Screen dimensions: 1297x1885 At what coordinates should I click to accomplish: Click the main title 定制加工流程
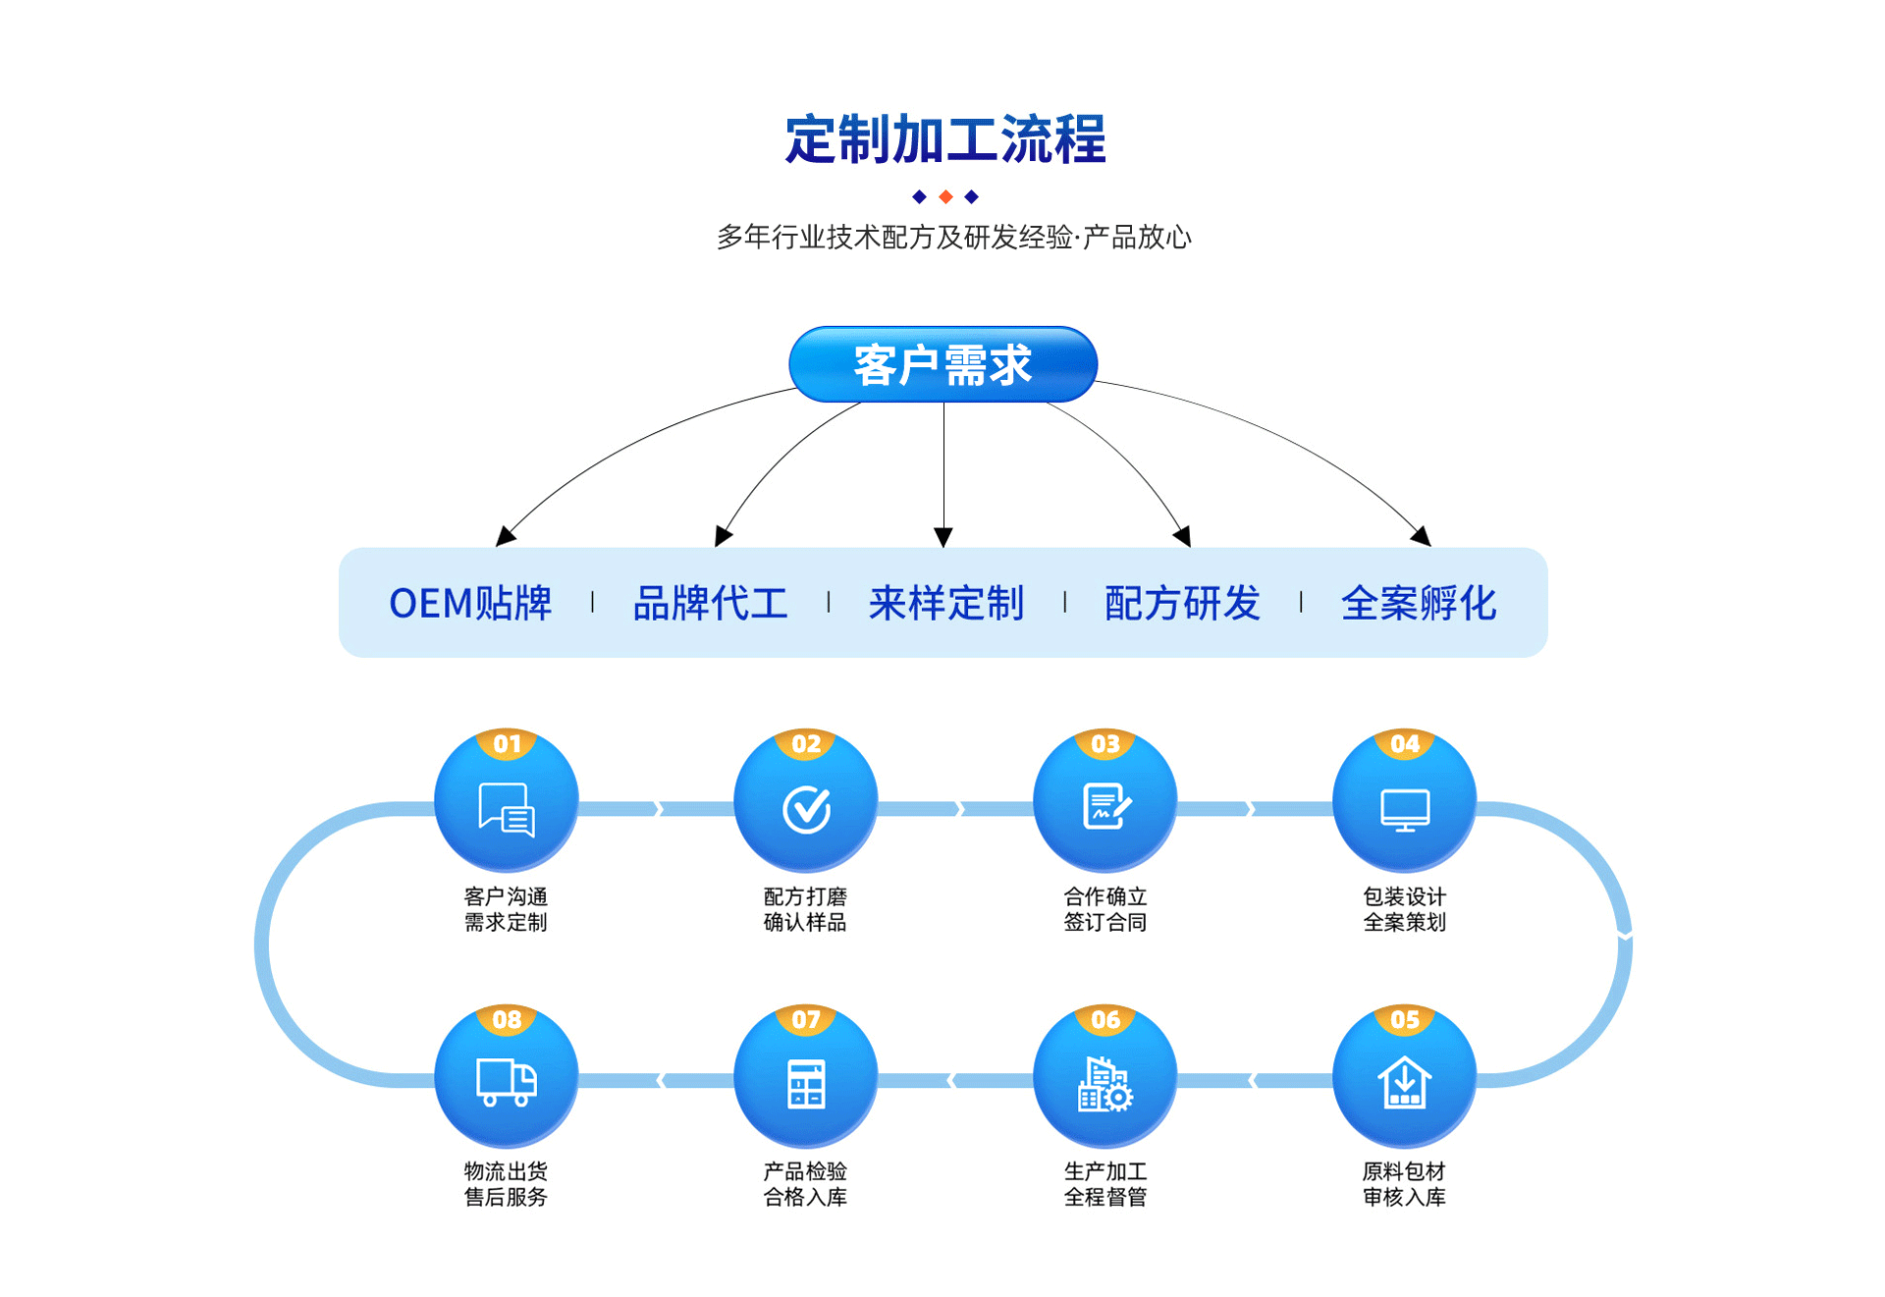pos(944,139)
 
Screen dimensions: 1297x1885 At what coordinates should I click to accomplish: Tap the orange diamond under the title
pos(945,197)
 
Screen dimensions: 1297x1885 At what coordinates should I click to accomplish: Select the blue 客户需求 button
pos(942,364)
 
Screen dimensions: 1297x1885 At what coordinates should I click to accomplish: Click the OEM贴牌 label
pos(470,603)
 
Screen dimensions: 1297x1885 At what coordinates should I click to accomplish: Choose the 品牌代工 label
pos(710,603)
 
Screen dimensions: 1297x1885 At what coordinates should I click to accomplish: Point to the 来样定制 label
pos(945,603)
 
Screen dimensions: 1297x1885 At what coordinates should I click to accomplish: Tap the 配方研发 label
pos(1182,603)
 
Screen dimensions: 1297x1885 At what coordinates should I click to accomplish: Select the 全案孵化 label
pos(1419,603)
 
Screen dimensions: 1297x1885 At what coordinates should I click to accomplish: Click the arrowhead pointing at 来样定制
pos(943,537)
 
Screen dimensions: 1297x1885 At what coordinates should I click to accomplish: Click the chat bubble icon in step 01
pos(507,809)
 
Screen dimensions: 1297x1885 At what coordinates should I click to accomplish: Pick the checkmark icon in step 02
pos(806,809)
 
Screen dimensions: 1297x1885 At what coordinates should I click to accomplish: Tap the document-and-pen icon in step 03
pos(1105,806)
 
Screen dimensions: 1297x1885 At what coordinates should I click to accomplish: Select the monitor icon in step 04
pos(1405,810)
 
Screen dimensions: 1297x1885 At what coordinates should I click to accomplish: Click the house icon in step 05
pos(1405,1082)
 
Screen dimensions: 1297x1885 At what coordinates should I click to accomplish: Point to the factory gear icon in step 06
pos(1105,1084)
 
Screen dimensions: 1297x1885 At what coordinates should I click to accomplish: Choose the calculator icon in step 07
pos(806,1084)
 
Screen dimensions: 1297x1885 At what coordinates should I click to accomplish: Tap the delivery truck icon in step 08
pos(507,1082)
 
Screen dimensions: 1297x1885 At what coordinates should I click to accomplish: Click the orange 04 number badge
pos(1405,744)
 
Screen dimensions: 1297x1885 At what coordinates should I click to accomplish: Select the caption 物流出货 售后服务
pos(506,1184)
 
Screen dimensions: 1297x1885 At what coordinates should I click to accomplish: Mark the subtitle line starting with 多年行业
pos(953,238)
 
